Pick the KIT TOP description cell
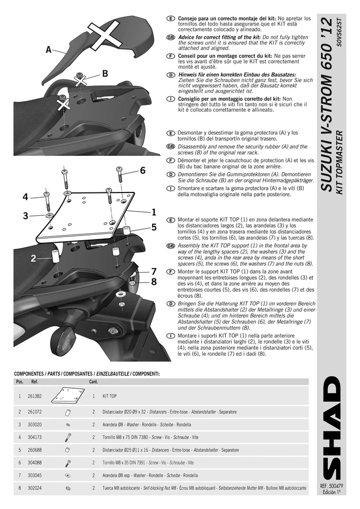(x=110, y=396)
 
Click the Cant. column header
(x=93, y=381)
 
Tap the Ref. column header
(x=35, y=381)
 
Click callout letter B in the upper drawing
(x=105, y=73)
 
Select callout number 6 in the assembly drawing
(x=143, y=170)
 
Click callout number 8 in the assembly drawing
(x=154, y=282)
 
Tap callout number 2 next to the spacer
(x=33, y=259)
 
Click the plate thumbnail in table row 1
(x=68, y=396)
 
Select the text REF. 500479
(x=332, y=486)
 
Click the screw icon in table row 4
(x=67, y=437)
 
